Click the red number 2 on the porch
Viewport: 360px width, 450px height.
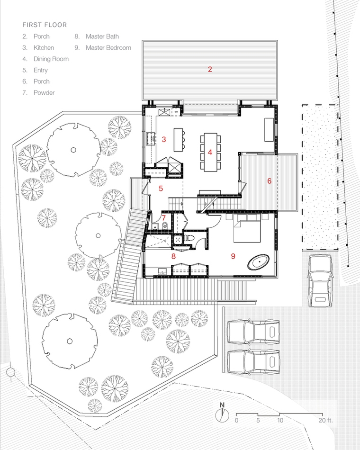pyautogui.click(x=210, y=69)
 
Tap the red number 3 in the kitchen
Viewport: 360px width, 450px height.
pyautogui.click(x=163, y=139)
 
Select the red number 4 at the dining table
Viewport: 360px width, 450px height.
pyautogui.click(x=210, y=152)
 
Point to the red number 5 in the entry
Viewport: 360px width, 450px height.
pyautogui.click(x=161, y=189)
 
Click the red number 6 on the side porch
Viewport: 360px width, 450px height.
pyautogui.click(x=269, y=181)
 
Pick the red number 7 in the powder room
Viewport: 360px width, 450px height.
pyautogui.click(x=163, y=218)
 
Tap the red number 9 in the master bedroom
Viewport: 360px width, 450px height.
pyautogui.click(x=233, y=256)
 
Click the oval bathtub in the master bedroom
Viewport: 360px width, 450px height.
pyautogui.click(x=259, y=262)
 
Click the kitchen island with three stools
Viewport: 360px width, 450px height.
pyautogui.click(x=180, y=140)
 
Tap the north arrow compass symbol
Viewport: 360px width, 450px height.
pyautogui.click(x=222, y=413)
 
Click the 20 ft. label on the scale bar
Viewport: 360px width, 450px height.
pyautogui.click(x=325, y=421)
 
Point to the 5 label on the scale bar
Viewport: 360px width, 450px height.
pyautogui.click(x=258, y=421)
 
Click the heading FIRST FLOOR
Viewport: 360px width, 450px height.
pyautogui.click(x=45, y=25)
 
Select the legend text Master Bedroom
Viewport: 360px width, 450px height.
pyautogui.click(x=108, y=48)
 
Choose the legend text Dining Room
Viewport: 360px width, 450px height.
pyautogui.click(x=51, y=59)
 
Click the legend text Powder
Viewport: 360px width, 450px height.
pyautogui.click(x=44, y=93)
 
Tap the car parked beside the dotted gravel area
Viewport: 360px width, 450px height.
pyautogui.click(x=320, y=281)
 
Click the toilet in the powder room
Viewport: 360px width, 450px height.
pyautogui.click(x=165, y=225)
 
